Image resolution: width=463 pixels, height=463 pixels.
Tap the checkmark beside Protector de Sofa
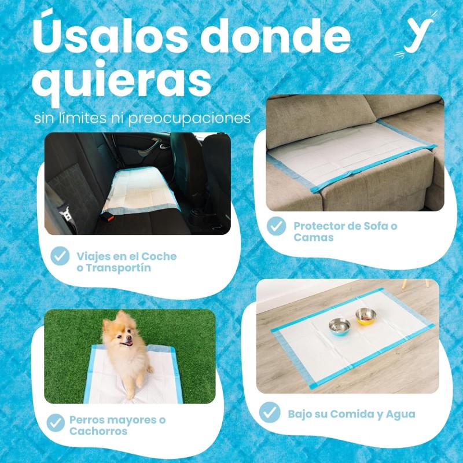tap(277, 226)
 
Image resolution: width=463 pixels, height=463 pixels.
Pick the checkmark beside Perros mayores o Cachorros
tap(56, 423)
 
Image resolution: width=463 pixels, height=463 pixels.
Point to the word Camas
tap(313, 237)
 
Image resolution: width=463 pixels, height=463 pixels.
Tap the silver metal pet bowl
tap(339, 326)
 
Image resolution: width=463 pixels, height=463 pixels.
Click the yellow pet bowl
tap(365, 316)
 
